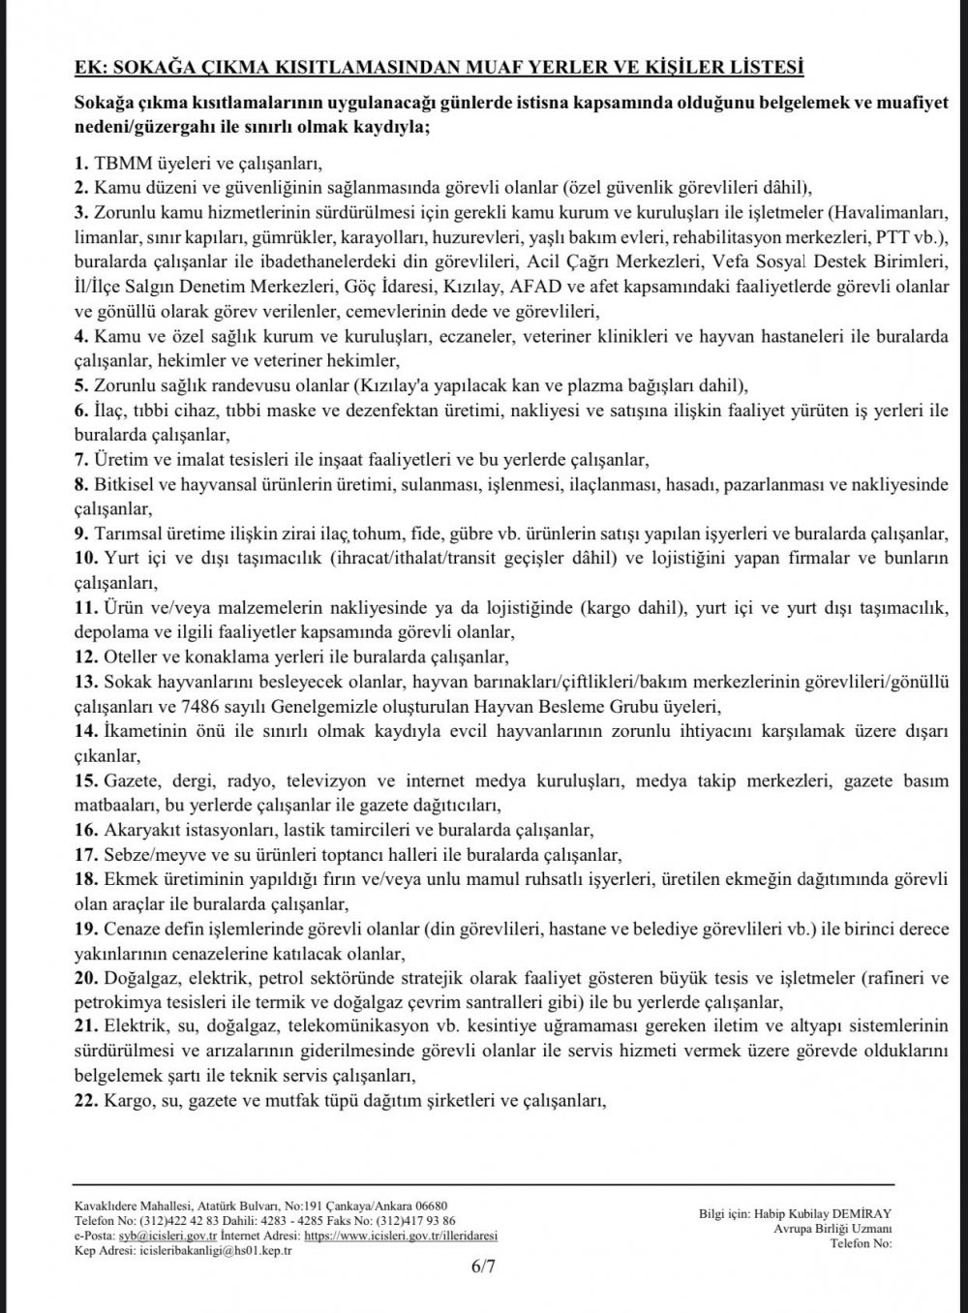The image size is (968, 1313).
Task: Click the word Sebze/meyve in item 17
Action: [146, 855]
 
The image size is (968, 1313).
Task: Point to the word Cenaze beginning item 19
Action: [131, 931]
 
